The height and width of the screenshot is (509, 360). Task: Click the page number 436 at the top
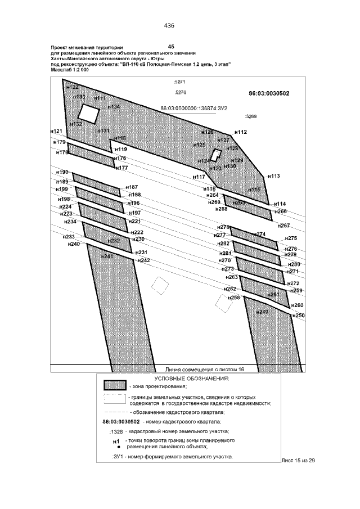pos(169,25)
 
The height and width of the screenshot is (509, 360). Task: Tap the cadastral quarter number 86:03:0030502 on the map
pos(269,94)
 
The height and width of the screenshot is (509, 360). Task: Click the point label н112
pos(240,132)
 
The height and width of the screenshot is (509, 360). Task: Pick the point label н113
pos(273,176)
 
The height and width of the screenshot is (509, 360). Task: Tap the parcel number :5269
pos(251,117)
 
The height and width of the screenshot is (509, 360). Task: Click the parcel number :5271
pos(180,82)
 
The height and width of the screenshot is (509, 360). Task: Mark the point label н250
pos(298,316)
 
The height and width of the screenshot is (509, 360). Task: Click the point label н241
pos(107,256)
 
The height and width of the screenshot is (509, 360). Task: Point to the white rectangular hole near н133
pos(88,114)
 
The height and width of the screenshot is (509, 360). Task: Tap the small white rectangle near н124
pos(214,155)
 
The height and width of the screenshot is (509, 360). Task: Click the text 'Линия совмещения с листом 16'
pos(204,370)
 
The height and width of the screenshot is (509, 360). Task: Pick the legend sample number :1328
pos(117,431)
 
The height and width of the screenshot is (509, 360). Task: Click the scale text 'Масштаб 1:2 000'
pos(70,70)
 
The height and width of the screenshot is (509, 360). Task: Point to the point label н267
pos(283,226)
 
